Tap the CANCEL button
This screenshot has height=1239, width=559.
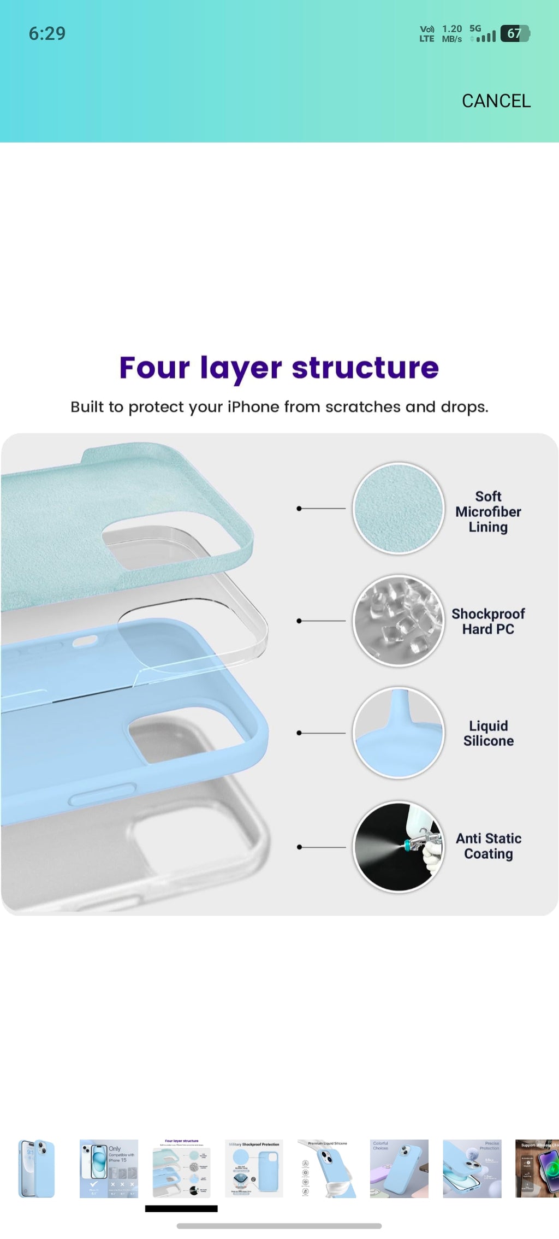click(x=496, y=101)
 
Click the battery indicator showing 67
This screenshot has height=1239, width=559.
click(x=515, y=34)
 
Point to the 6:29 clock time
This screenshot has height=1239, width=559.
click(x=47, y=34)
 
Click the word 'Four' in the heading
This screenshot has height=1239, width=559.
click(x=154, y=368)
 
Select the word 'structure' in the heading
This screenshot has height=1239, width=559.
click(x=365, y=368)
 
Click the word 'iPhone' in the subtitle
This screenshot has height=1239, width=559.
click(x=253, y=407)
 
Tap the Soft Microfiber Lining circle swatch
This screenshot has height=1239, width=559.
click(x=399, y=509)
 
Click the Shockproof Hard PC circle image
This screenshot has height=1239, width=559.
click(x=399, y=621)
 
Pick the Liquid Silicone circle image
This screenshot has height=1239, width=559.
click(x=399, y=733)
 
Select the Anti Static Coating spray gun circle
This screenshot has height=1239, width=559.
click(x=399, y=847)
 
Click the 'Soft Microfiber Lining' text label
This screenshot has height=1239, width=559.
click(x=488, y=512)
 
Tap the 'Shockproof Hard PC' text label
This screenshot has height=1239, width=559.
click(x=488, y=622)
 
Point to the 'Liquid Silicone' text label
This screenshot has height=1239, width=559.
click(x=488, y=733)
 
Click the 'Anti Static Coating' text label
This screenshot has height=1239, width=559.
click(x=488, y=846)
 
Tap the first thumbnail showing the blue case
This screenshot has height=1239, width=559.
click(x=36, y=1169)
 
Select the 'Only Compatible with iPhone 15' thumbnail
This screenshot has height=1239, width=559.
click(x=109, y=1169)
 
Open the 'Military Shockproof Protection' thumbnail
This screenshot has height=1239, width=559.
click(x=254, y=1169)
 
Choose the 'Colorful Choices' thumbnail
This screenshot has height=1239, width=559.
click(x=399, y=1169)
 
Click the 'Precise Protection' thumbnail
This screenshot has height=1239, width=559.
click(x=472, y=1169)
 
